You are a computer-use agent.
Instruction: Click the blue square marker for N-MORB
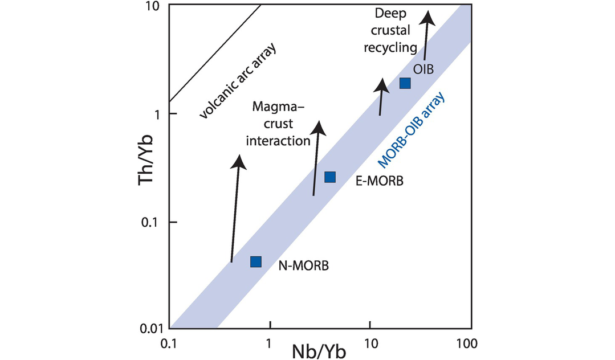256,261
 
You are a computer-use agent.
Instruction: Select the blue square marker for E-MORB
330,177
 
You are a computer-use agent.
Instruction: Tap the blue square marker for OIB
405,83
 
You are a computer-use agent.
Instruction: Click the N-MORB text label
304,265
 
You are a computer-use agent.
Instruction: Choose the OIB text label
424,69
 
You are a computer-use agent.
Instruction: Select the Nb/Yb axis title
320,349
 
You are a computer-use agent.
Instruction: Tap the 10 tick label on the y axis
151,7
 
